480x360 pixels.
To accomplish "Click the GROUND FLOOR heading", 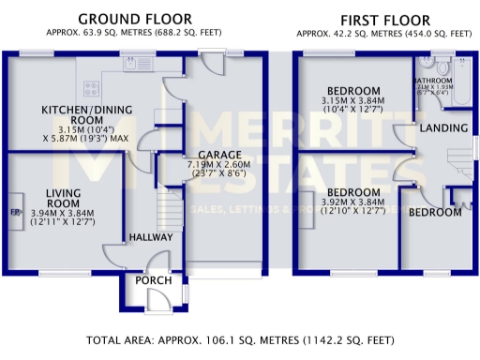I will (x=135, y=19).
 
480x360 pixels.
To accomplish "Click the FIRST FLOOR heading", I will (x=384, y=19).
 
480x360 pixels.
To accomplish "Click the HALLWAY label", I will (x=150, y=237).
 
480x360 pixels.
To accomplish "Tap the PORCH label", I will (x=151, y=280).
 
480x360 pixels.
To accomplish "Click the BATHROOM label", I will (x=433, y=82).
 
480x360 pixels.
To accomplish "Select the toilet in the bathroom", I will (x=427, y=67).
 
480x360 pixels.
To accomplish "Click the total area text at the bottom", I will (x=240, y=339).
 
